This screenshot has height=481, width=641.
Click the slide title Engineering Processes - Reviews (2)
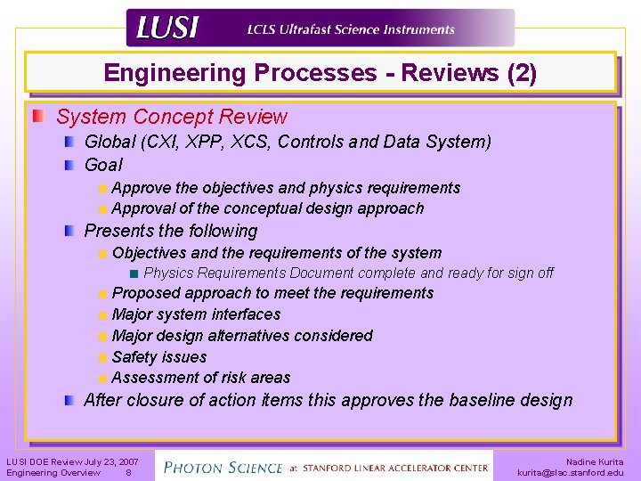[320, 73]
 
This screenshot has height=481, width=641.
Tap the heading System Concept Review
[172, 117]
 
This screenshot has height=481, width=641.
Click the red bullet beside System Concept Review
[37, 117]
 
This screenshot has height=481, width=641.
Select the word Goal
[103, 165]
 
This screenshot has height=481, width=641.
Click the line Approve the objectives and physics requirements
[286, 188]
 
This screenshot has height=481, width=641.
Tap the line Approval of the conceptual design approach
[268, 208]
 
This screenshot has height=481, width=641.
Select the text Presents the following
[170, 231]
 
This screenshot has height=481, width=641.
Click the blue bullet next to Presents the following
[69, 231]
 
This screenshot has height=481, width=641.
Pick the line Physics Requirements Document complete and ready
[348, 273]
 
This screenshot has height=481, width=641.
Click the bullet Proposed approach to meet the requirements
[272, 293]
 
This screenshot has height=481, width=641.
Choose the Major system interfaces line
[196, 314]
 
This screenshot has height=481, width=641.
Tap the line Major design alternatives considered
[242, 336]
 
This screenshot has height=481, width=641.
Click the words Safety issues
[159, 357]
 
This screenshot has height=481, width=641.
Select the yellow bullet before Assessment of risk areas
[103, 378]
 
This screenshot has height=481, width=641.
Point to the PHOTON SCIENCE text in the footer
[224, 467]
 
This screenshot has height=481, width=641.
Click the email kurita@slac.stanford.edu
[571, 473]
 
